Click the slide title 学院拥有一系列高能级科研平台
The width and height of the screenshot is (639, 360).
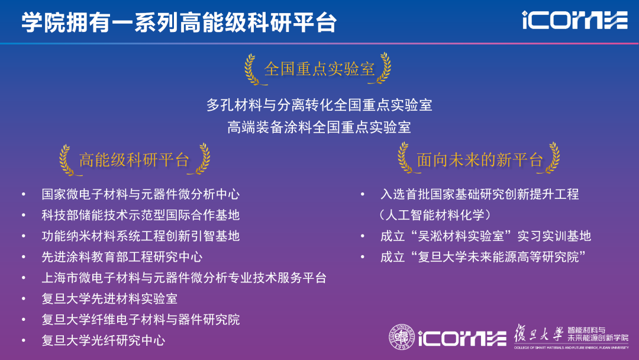pos(179,22)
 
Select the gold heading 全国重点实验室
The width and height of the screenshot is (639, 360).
pos(319,69)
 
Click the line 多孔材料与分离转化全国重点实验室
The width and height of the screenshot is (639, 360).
pos(319,105)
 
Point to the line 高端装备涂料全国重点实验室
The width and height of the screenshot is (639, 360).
pos(319,127)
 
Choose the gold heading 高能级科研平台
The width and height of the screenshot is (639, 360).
pos(134,160)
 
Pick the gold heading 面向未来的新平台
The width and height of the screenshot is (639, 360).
pos(479,160)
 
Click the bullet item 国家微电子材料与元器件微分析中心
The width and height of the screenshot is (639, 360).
pos(140,194)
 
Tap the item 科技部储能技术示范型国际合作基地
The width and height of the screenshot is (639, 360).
pos(140,215)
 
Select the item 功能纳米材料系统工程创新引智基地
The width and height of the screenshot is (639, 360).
pos(140,236)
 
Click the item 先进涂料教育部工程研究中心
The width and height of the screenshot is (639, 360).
pos(122,257)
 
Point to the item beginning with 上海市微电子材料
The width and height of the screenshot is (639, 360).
pos(184,278)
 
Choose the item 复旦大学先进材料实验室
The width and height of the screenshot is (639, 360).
pos(109,298)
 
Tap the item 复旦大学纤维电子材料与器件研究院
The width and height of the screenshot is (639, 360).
pos(140,320)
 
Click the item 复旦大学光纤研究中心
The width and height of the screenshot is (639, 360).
pos(103,340)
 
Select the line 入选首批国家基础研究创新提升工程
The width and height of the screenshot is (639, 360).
pos(479,194)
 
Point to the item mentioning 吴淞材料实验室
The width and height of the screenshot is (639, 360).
pos(485,236)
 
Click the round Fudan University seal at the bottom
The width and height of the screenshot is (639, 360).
pos(402,337)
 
